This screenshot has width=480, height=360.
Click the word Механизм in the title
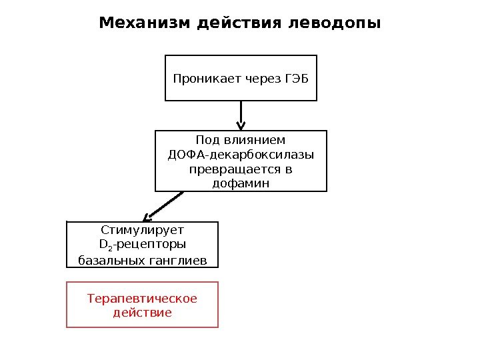click(x=145, y=23)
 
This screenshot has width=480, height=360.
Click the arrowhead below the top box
click(x=241, y=125)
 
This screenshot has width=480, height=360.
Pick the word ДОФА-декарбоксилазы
click(x=241, y=155)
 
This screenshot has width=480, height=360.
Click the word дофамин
click(x=241, y=183)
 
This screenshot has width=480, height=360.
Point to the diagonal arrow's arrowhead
click(x=149, y=216)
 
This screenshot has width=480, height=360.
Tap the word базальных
click(x=111, y=259)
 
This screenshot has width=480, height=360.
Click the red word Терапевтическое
click(x=142, y=298)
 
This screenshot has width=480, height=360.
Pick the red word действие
click(x=142, y=312)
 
